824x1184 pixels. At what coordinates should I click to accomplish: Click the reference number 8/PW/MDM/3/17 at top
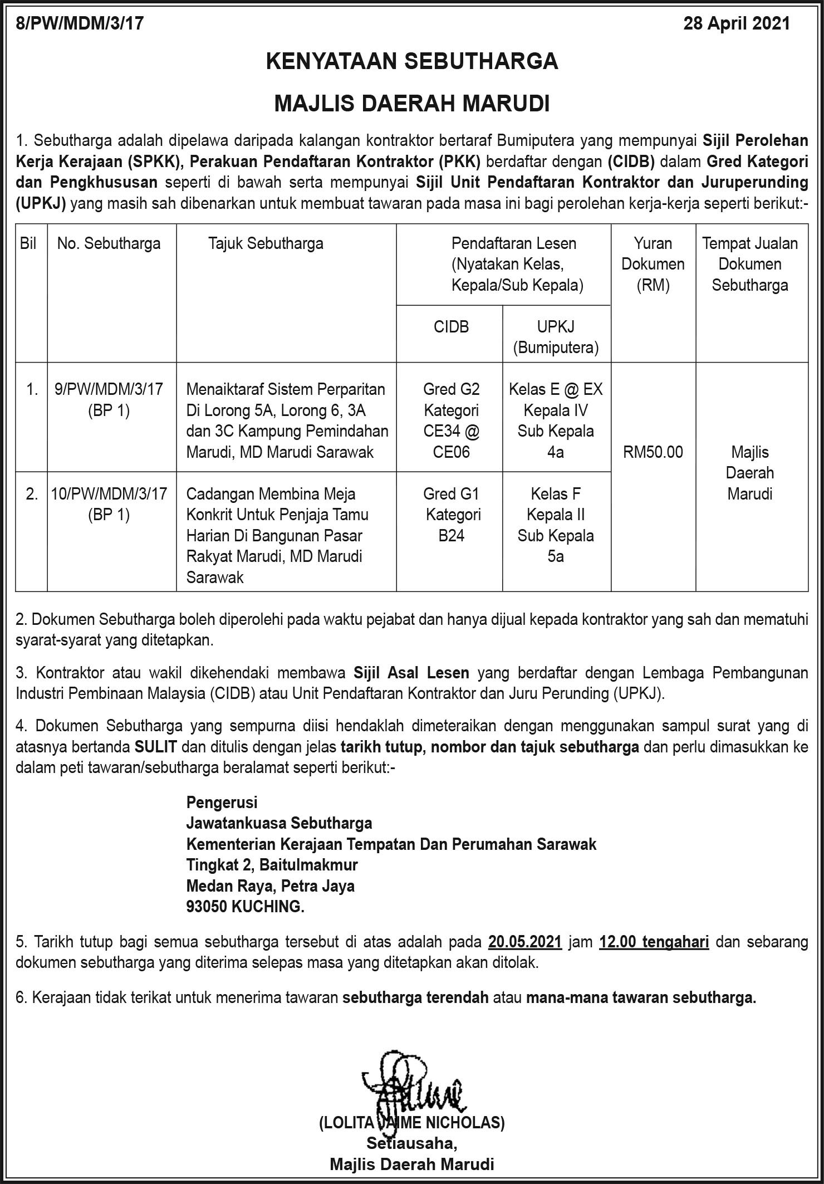80,23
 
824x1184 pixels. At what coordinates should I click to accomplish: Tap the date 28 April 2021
737,23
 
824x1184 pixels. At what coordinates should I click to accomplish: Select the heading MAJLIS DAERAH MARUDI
412,104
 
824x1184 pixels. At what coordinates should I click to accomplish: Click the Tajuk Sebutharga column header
266,243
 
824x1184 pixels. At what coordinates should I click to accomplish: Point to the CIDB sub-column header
451,327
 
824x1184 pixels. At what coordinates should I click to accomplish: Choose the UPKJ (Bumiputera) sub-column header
556,337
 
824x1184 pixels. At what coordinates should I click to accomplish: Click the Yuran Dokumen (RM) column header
653,264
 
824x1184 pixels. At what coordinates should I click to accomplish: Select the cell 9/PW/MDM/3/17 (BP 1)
109,399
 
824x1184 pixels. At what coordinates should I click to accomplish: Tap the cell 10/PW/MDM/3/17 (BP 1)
109,504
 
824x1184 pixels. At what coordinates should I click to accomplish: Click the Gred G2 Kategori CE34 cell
451,420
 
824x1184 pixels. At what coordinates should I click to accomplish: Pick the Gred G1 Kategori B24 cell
451,514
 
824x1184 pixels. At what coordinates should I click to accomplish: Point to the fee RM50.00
653,452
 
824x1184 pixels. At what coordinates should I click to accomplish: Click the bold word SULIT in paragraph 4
155,747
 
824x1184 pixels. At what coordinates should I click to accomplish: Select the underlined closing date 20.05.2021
525,942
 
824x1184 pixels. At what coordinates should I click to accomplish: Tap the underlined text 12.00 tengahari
654,942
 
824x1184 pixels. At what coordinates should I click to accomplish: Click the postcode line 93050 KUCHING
246,907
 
